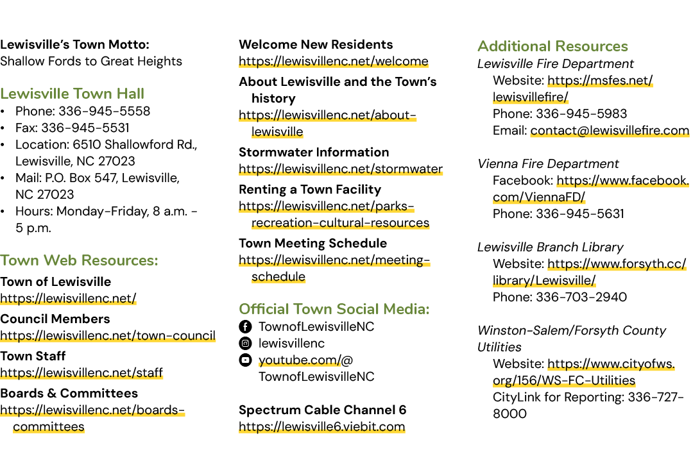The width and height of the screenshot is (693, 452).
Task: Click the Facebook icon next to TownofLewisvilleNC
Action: (245, 326)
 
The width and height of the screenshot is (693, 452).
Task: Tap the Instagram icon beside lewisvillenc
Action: (245, 344)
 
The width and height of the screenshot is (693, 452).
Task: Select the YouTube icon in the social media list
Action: (245, 360)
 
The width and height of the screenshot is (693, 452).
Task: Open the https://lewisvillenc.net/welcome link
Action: (334, 62)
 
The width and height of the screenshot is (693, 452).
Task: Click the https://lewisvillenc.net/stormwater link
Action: (341, 169)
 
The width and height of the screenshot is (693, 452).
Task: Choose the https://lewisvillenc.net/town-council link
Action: (108, 336)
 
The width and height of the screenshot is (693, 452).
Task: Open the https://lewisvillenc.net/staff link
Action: (81, 373)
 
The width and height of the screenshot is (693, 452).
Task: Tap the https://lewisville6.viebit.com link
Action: (321, 427)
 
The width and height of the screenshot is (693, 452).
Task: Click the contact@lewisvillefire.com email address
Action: (610, 131)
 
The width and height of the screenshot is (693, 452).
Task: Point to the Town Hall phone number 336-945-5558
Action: (105, 111)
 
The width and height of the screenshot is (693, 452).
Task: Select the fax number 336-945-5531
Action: (85, 128)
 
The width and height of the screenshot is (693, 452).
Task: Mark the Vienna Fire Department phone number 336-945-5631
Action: (580, 214)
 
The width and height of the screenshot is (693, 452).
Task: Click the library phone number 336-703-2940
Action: (581, 297)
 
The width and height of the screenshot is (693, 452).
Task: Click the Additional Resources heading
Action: (552, 46)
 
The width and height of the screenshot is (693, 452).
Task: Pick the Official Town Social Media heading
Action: (334, 309)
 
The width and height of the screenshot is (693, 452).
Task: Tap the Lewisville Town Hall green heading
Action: (72, 94)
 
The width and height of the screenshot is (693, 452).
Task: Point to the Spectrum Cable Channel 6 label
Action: (322, 410)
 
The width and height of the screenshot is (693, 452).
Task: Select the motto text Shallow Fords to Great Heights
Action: (91, 62)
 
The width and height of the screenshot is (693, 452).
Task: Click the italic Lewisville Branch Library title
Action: (551, 247)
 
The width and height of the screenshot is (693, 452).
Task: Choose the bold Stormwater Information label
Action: (314, 153)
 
